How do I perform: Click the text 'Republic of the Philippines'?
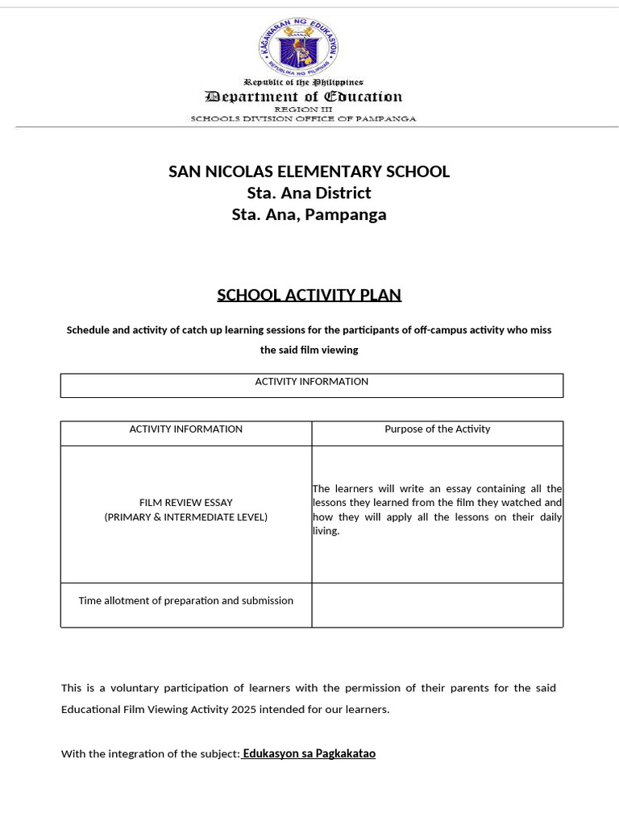click(x=303, y=82)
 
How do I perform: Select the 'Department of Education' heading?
click(x=303, y=97)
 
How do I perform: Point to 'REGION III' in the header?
click(x=303, y=109)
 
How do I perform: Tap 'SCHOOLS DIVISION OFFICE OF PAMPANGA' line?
click(x=303, y=118)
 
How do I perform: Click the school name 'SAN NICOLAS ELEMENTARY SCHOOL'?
click(x=309, y=172)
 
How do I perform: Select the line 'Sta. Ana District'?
click(x=309, y=193)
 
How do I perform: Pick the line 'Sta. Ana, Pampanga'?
click(x=309, y=215)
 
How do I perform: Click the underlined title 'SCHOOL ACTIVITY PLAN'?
click(x=309, y=295)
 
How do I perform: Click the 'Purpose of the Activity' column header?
click(x=437, y=429)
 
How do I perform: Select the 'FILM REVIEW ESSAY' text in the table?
click(x=185, y=503)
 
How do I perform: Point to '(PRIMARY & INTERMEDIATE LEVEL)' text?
click(x=185, y=517)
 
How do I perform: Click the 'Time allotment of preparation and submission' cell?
click(x=185, y=601)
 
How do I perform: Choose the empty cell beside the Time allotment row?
click(x=437, y=605)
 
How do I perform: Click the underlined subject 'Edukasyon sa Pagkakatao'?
click(x=309, y=754)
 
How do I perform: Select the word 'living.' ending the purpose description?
click(x=326, y=532)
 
